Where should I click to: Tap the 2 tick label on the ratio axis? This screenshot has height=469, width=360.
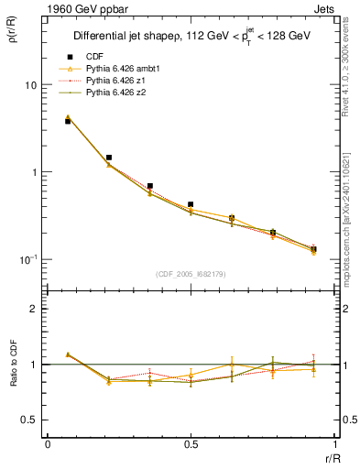35,309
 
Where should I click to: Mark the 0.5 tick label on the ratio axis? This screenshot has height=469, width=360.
30,420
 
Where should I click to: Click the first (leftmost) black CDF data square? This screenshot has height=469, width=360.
68,121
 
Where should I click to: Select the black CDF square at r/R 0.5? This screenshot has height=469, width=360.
191,204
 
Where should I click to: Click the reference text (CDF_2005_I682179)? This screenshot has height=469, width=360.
191,274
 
